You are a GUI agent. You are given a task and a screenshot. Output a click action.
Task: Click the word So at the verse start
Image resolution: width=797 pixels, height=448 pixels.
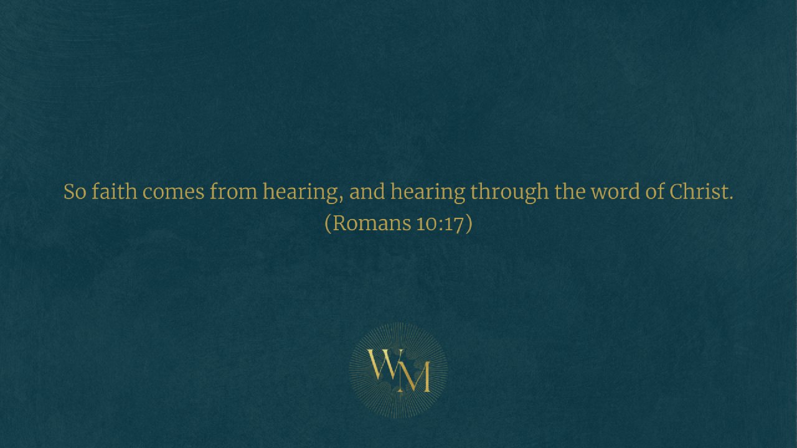click(75, 192)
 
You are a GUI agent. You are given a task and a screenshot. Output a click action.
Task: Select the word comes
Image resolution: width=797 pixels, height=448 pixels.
click(173, 192)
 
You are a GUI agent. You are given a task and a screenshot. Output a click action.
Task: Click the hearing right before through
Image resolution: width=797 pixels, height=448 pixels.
click(428, 193)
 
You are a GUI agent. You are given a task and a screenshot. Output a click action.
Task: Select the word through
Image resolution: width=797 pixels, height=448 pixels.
click(509, 193)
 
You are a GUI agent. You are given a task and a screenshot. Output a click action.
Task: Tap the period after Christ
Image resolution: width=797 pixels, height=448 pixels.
click(731, 198)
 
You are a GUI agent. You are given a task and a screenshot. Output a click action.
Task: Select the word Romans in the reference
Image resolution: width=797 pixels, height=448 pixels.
click(372, 223)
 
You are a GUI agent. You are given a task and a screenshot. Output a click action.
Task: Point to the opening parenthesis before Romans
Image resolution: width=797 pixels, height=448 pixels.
click(328, 223)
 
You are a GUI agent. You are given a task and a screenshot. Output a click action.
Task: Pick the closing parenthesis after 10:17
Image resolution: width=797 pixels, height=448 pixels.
click(469, 223)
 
